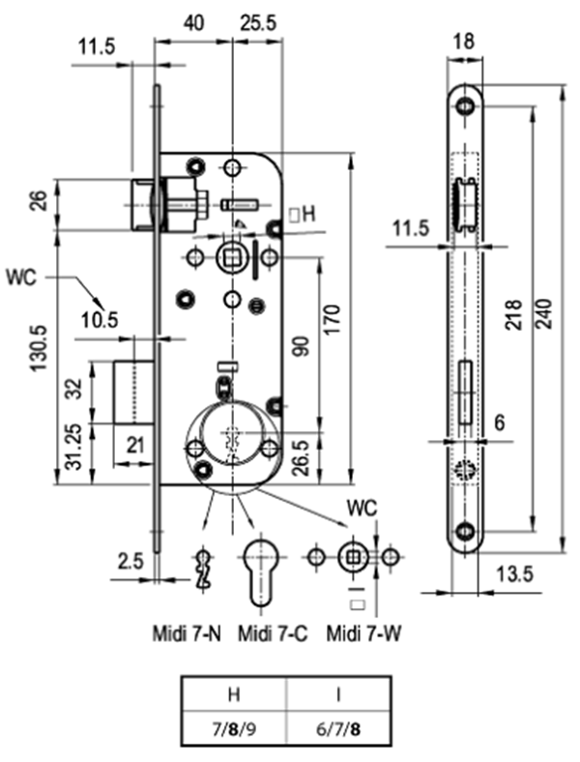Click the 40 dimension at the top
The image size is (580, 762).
point(194,23)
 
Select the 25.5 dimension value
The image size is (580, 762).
point(258,23)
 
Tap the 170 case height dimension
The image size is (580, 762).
point(333,319)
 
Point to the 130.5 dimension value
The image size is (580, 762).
point(39,347)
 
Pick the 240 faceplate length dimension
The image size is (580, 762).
point(545,314)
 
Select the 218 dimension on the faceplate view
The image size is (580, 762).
point(513,315)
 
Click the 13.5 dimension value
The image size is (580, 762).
point(514,574)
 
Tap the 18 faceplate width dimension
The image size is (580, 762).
point(464,42)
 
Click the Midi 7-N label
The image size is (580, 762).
point(187,633)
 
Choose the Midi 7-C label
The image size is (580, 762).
point(273,633)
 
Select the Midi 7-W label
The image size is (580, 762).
point(363,633)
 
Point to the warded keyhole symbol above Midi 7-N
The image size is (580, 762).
point(204,570)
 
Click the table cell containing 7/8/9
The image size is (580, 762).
point(234,729)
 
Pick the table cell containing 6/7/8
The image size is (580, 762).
point(339,729)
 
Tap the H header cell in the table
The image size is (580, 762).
point(234,694)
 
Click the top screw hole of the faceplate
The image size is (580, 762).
point(465,105)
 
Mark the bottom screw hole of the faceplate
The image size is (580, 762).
point(465,531)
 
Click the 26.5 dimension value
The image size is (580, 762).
point(302,457)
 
